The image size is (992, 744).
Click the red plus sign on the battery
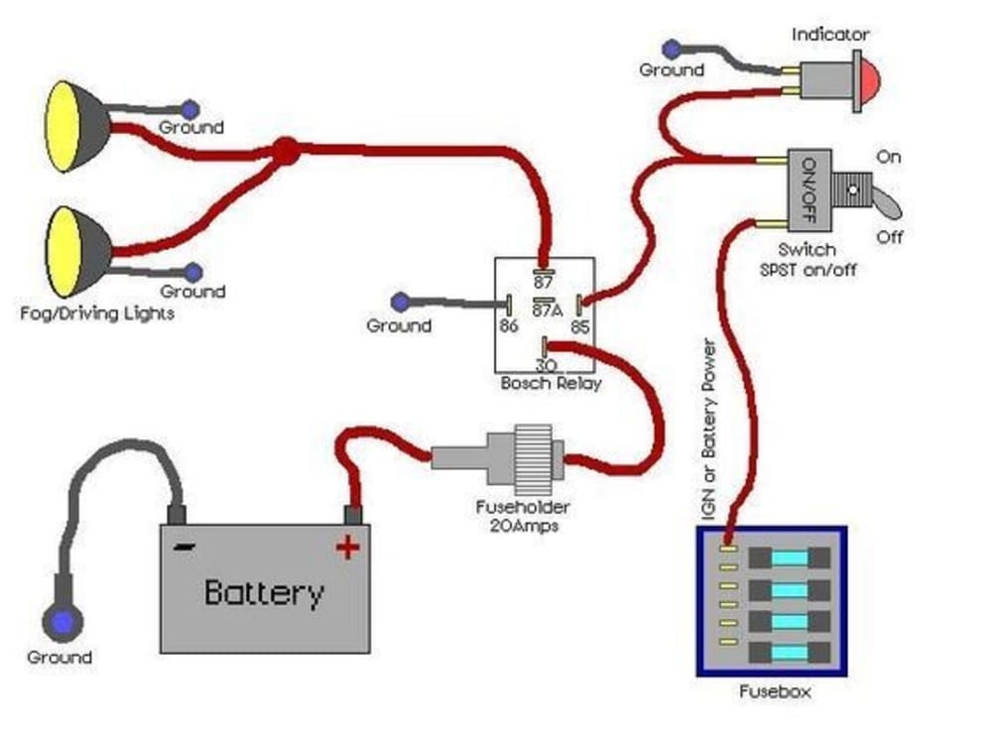coord(346,546)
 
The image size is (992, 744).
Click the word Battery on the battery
coord(264,593)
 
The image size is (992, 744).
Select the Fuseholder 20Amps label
coord(522,517)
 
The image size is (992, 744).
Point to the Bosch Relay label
coord(551,383)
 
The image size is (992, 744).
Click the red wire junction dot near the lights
coord(286,151)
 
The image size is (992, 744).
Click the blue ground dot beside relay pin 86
coord(400,301)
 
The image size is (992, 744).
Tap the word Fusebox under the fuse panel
coord(774,691)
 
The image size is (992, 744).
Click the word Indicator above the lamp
coord(830,35)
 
